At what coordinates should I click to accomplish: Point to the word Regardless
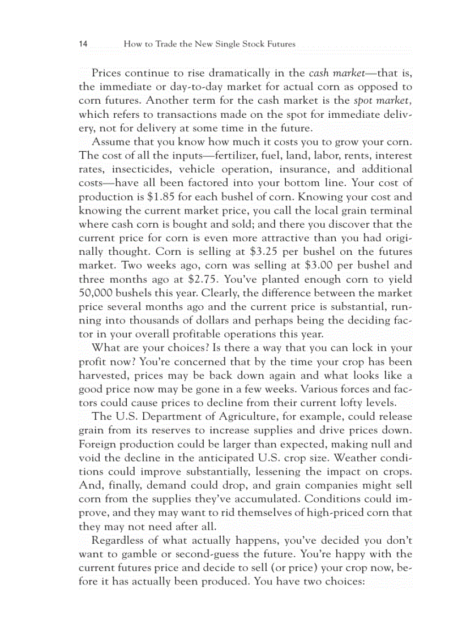tap(117, 540)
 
